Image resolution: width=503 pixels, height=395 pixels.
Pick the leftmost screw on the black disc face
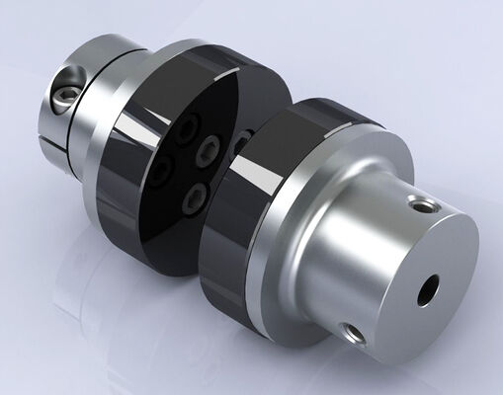[x=160, y=173]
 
